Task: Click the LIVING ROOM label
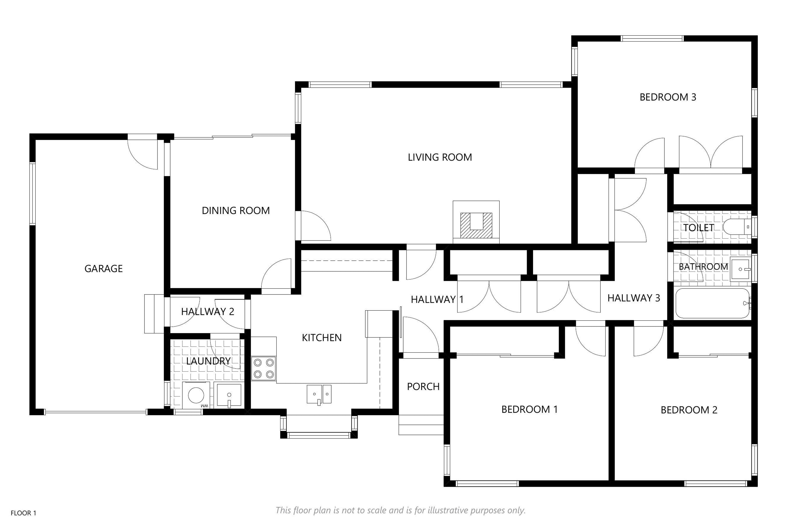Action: point(440,157)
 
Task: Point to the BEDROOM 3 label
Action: point(668,97)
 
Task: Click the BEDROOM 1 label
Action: point(530,409)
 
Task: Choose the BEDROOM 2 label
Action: point(689,410)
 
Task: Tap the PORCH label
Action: point(423,386)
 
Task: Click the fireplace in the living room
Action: point(476,222)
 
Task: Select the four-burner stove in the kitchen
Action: point(264,369)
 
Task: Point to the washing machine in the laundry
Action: point(196,395)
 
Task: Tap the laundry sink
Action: point(229,395)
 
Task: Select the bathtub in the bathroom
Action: point(713,303)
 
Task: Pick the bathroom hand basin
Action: point(741,269)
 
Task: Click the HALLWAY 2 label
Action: point(207,312)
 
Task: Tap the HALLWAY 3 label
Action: point(634,298)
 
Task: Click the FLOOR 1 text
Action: point(23,513)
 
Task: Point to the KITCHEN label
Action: point(322,338)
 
